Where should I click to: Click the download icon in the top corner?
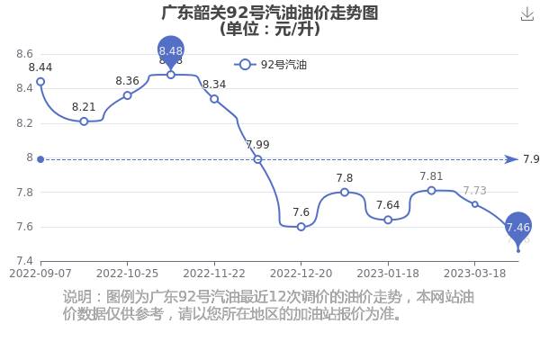pos(526,14)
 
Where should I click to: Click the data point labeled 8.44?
pos(40,82)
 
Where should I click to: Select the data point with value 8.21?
pos(84,121)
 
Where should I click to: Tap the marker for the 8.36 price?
pos(128,95)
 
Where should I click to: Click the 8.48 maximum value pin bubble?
pos(171,51)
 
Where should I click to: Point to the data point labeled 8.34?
pos(214,99)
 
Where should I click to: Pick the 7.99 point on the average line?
pos(257,159)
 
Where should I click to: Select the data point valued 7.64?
pos(388,220)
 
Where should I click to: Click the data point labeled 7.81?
pos(431,191)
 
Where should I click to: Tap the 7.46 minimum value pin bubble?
pos(518,227)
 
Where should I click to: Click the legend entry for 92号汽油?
pos(270,65)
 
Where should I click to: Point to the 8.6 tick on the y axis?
pos(25,54)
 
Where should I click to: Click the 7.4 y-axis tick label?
pos(25,261)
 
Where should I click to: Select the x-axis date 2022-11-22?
pos(214,274)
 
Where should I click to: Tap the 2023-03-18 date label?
pos(475,274)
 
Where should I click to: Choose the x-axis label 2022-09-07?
pos(40,274)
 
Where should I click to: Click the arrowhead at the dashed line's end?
pos(511,159)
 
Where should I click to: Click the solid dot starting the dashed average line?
pos(40,159)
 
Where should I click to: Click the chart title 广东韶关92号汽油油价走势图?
pos(270,13)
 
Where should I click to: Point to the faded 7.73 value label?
pos(475,191)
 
